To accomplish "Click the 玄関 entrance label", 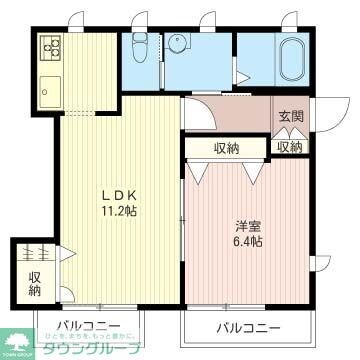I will coord(290,115).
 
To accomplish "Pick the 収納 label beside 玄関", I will coord(289,147).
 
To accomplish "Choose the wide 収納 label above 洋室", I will coord(226,148).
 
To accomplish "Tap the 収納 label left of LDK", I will coord(35,284).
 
